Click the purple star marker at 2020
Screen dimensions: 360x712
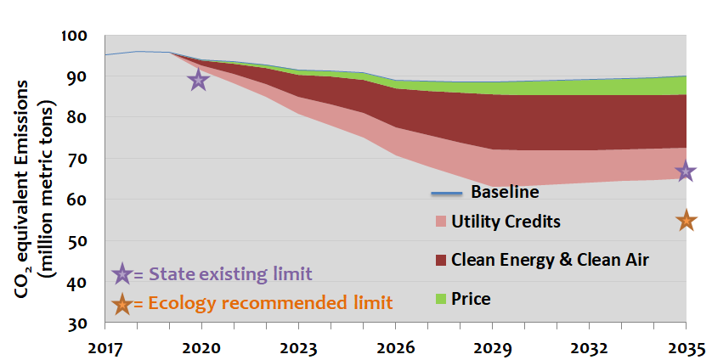[x=198, y=81]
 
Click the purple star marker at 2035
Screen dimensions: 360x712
[x=686, y=172]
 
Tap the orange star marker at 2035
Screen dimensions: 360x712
[x=686, y=221]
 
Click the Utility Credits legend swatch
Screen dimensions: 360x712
[x=440, y=222]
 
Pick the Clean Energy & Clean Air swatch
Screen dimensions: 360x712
[x=440, y=260]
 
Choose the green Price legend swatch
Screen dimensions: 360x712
[x=440, y=298]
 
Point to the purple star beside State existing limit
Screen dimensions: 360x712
[x=122, y=273]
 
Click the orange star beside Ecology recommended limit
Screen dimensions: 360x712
[x=122, y=301]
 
